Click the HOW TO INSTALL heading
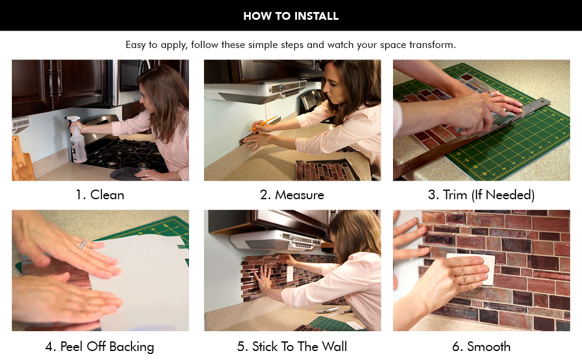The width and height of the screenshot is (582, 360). [291, 16]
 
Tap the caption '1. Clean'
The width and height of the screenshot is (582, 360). [100, 195]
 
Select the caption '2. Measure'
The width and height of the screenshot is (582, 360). [292, 195]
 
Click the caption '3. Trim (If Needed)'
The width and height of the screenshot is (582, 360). [481, 195]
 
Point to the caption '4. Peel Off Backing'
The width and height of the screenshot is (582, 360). [100, 347]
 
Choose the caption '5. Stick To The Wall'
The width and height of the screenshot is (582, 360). [292, 347]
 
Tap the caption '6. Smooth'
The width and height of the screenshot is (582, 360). [481, 347]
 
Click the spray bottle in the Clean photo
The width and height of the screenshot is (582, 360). [77, 140]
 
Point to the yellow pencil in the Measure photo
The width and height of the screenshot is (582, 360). [263, 124]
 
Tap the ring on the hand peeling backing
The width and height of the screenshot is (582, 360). [82, 245]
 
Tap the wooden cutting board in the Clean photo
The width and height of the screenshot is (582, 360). [22, 159]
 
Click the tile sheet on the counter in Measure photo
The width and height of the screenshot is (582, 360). [326, 170]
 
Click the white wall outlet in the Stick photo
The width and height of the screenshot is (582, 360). [290, 273]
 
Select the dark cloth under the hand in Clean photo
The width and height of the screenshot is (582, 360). [125, 173]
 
